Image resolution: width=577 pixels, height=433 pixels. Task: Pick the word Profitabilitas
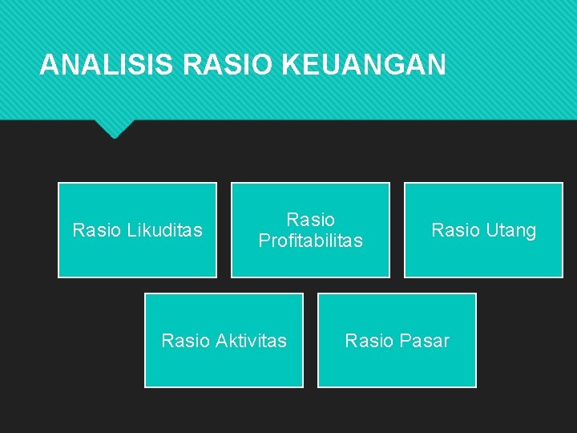coord(310,241)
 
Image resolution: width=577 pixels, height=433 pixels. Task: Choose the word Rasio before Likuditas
coord(96,231)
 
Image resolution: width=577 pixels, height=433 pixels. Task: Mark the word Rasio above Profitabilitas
coord(310,220)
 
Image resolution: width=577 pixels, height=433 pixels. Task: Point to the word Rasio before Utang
coord(455,231)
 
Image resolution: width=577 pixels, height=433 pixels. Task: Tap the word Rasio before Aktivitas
coord(185,341)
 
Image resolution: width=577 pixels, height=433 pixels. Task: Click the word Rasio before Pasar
coord(369,341)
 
